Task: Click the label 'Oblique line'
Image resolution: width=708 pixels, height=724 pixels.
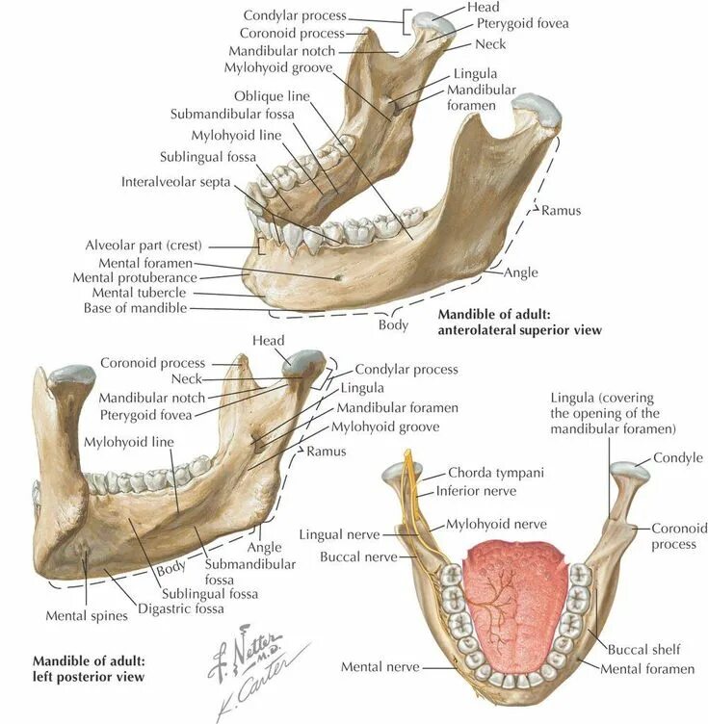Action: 272,96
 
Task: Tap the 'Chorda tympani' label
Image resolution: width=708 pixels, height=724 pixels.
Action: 495,473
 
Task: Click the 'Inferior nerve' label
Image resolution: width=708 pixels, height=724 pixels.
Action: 476,491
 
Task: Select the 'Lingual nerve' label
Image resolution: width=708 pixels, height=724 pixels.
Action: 339,534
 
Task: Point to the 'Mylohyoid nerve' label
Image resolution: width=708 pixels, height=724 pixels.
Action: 496,524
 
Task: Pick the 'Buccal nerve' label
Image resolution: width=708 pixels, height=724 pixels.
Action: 353,556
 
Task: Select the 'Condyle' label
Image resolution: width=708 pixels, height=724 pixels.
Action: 678,458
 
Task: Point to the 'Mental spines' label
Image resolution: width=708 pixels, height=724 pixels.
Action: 87,615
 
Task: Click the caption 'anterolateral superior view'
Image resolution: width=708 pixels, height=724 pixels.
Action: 520,330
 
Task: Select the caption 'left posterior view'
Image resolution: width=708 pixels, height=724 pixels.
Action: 89,677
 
